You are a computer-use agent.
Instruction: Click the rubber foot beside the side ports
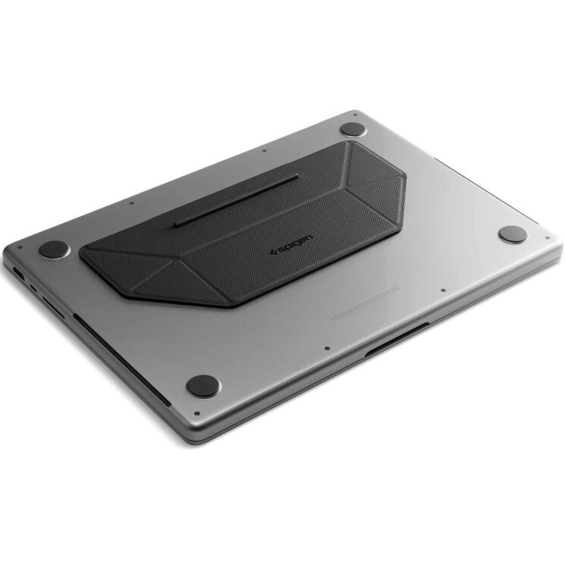(x=54, y=249)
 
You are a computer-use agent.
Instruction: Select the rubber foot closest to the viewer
(x=202, y=385)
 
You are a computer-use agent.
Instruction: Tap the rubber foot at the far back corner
(x=353, y=130)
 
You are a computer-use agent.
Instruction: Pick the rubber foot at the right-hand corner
(x=513, y=234)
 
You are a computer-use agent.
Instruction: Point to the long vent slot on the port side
(x=121, y=357)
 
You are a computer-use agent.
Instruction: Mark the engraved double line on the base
(x=364, y=303)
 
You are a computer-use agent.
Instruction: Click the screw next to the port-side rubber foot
(x=20, y=247)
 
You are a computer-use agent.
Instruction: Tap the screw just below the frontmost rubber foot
(x=196, y=413)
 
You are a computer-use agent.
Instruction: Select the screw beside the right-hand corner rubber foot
(x=547, y=237)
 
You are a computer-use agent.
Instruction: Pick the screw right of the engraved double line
(x=442, y=289)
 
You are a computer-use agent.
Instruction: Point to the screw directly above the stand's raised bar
(x=263, y=151)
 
